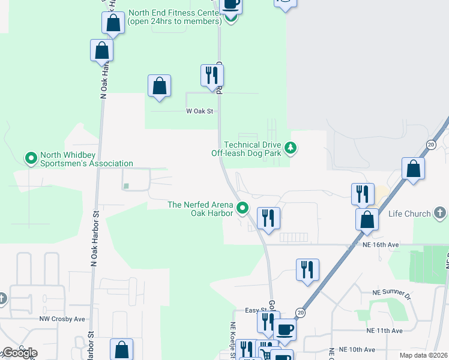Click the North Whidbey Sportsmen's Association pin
coord(31,158)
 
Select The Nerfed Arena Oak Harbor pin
coord(243,209)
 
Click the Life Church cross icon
coord(440,213)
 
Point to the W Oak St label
coord(200,111)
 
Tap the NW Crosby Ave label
coord(62,319)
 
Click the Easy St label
coord(255,310)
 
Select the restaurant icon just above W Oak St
coord(211,75)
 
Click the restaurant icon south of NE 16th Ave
coord(307,269)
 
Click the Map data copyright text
coord(424,355)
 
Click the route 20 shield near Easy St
coord(301,313)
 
